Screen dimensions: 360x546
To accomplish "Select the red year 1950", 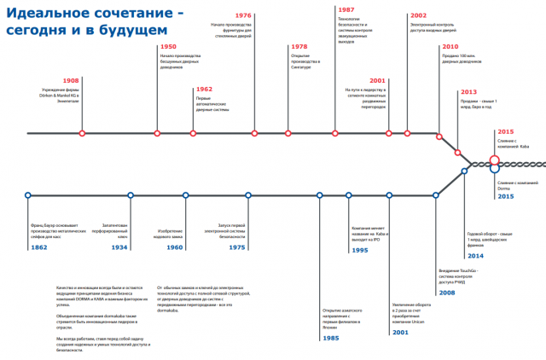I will (x=169, y=47).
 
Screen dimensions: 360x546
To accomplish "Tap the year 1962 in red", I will (x=205, y=89).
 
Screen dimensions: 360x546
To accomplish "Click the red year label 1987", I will (x=347, y=9).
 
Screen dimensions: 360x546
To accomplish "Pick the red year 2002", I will (x=419, y=15).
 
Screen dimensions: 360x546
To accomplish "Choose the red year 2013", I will (x=469, y=91).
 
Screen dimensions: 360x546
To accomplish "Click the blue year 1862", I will (x=39, y=247).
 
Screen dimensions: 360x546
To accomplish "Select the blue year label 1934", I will (x=119, y=247).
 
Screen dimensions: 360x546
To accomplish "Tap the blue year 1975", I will (x=238, y=247).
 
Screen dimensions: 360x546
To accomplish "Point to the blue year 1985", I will (x=331, y=338).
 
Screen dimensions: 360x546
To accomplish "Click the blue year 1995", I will (x=360, y=250).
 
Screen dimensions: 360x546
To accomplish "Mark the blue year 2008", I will (x=446, y=293).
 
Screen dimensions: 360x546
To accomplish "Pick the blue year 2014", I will (x=475, y=255).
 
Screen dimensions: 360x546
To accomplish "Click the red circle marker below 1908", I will (x=82, y=133).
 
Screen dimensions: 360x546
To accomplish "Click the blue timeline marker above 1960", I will (x=185, y=195).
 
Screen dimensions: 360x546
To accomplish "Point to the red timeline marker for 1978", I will (x=287, y=133).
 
